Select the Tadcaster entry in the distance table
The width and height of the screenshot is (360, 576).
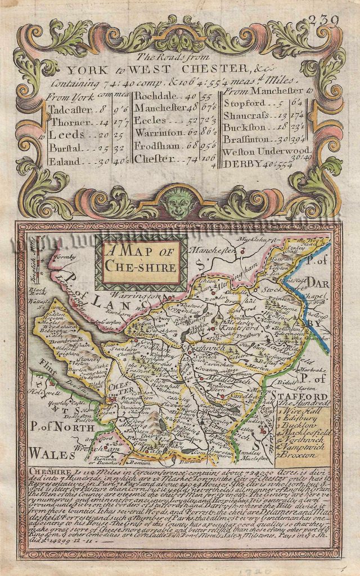click(69, 109)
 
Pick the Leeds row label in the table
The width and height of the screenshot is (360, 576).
click(67, 136)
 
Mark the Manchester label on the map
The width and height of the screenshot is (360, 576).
click(211, 249)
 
